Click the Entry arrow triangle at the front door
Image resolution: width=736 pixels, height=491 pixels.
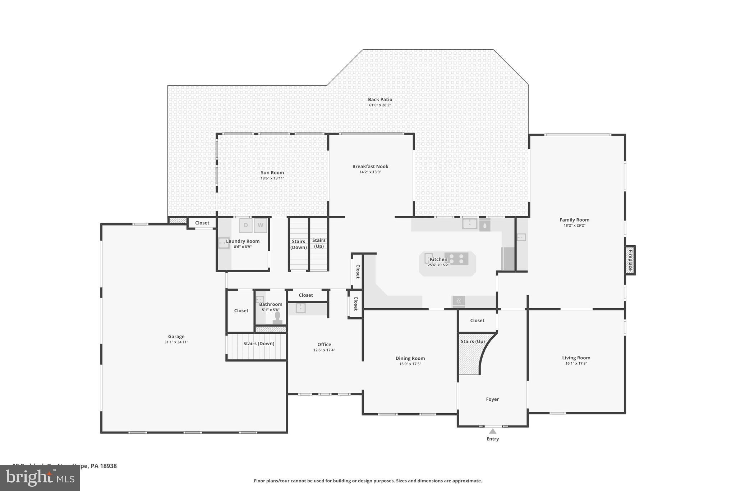pos(492,431)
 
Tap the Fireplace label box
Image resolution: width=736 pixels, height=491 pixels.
pos(630,260)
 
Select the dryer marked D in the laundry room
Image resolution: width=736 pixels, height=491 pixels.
pos(246,226)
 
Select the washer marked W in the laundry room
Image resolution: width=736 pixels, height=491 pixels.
pos(261,226)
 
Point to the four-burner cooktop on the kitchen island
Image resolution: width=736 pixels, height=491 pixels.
pos(456,258)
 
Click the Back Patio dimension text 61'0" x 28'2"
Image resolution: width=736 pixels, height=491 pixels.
pos(380,105)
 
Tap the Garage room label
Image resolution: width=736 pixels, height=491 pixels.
pos(176,336)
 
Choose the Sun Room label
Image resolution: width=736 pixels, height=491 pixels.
pos(272,173)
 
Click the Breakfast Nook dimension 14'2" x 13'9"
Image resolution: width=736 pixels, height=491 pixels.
pos(370,172)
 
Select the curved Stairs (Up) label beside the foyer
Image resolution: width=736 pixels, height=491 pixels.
pos(473,341)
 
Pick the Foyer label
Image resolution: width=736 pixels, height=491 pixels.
pos(492,399)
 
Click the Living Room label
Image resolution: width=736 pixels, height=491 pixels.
pos(576,358)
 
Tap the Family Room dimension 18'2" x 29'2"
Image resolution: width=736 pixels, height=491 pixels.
pos(574,226)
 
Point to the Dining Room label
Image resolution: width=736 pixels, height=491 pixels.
pos(410,358)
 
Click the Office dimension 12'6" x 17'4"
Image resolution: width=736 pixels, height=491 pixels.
pos(324,350)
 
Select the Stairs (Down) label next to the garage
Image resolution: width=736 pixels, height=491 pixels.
pos(259,344)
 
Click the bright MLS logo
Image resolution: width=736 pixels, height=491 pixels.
pos(40,478)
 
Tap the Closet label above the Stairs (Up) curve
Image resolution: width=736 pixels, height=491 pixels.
pos(477,320)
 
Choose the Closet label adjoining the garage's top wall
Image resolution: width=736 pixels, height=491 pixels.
pos(202,223)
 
